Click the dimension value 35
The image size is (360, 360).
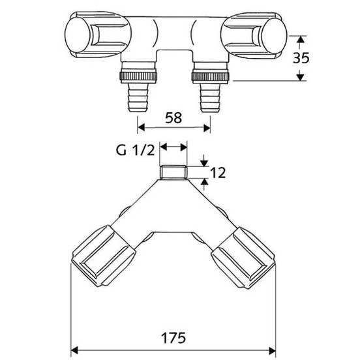tap(301, 57)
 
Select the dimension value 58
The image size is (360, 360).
tap(173, 117)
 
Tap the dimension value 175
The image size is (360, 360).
tap(173, 338)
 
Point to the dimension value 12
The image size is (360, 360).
tap(218, 173)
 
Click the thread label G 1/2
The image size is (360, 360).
tap(135, 151)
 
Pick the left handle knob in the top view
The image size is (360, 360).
tap(98, 35)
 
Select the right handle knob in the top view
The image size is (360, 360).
tap(254, 35)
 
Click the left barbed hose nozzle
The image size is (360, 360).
tap(138, 98)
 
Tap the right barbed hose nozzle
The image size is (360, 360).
tap(210, 98)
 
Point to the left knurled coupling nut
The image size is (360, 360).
tap(138, 76)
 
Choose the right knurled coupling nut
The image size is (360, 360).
tap(210, 76)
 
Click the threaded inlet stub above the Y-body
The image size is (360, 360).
tap(173, 172)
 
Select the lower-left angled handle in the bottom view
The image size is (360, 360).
tap(104, 256)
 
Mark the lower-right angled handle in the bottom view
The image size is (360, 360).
tap(243, 258)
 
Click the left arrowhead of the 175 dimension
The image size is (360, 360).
tap(74, 351)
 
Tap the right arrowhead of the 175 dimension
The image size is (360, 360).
tap(273, 351)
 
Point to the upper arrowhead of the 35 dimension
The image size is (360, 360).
tap(300, 40)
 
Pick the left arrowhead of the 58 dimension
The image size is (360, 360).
tap(141, 127)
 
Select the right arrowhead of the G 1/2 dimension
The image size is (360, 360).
tap(184, 147)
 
